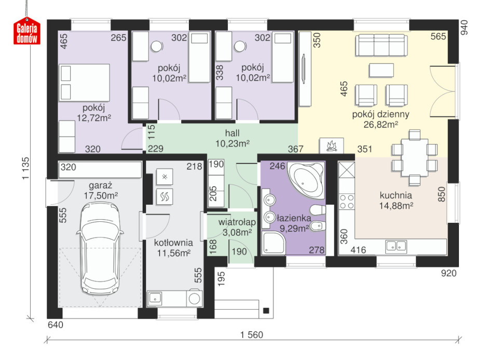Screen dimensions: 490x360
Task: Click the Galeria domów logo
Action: (27, 31)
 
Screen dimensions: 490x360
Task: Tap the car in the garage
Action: (100, 249)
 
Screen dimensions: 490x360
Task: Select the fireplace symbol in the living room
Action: (331, 146)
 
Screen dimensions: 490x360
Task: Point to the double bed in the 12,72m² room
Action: (84, 83)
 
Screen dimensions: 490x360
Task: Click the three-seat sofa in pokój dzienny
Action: (381, 45)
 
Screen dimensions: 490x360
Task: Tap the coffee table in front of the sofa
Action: (381, 70)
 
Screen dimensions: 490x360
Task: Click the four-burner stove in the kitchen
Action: (347, 202)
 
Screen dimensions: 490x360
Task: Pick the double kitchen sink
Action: (396, 246)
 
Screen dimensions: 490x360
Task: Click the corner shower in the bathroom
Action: (274, 243)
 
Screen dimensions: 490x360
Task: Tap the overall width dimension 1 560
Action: (252, 335)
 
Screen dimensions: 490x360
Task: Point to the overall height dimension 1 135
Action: (25, 168)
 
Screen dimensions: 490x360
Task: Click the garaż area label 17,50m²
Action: (101, 196)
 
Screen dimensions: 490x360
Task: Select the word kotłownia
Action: (173, 243)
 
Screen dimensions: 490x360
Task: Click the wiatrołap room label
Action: (237, 222)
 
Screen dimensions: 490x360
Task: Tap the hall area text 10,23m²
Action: (233, 143)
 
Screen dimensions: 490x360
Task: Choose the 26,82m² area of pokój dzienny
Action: (380, 125)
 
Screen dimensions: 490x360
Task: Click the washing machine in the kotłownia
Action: (194, 299)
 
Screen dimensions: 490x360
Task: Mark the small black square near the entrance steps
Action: (266, 311)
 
